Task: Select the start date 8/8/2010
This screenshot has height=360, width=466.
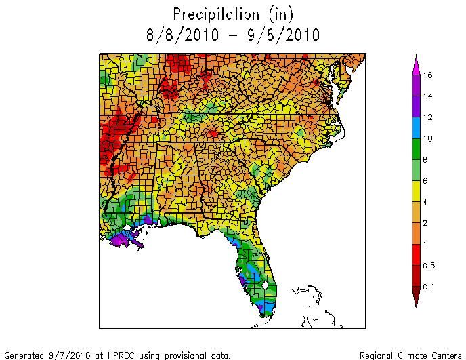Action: coord(178,34)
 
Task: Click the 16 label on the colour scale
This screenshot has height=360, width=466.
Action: coord(428,75)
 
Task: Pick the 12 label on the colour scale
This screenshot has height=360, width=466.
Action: coord(428,117)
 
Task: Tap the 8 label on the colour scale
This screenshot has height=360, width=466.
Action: coord(426,159)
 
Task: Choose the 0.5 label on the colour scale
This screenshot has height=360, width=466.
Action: coord(429,266)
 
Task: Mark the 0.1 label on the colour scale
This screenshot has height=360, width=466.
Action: coord(429,287)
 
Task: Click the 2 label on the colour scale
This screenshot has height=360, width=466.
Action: coord(426,224)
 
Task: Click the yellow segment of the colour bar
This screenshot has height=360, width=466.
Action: coord(415,191)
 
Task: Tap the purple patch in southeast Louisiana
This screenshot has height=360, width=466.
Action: coord(123,238)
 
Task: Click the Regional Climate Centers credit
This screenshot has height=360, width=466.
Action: coord(410,354)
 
